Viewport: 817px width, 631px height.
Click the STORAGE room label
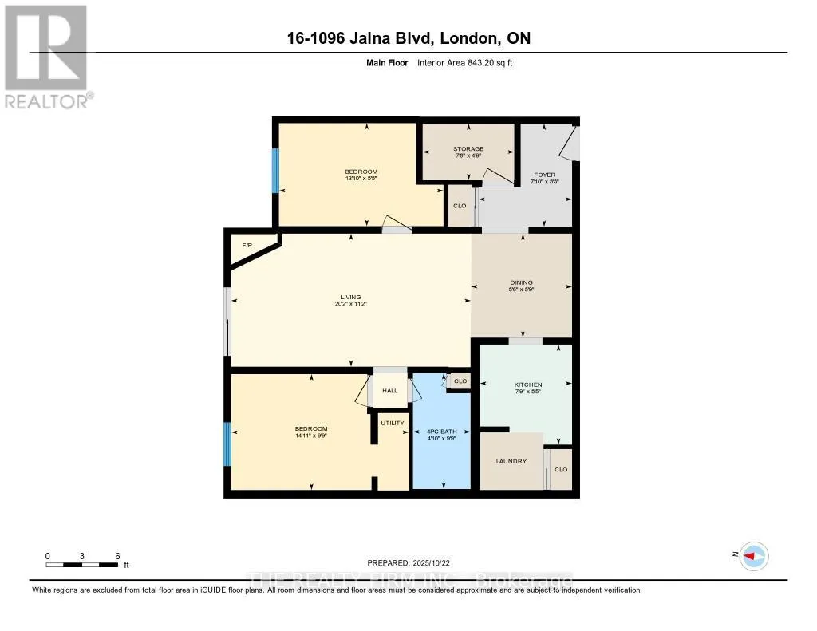[468, 149]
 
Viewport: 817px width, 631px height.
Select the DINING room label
[522, 282]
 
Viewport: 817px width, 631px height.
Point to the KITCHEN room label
[528, 385]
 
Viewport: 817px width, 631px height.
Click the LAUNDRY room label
[511, 461]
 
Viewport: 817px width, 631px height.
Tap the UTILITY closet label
[393, 423]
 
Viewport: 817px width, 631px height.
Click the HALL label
[389, 391]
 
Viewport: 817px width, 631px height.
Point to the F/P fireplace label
[247, 245]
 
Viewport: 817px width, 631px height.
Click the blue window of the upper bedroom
[276, 171]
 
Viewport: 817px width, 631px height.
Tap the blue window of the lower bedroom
[227, 444]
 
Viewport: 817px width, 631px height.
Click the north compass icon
[752, 556]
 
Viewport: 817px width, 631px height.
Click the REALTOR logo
[46, 56]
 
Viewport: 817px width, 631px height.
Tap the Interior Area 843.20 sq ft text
[470, 62]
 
